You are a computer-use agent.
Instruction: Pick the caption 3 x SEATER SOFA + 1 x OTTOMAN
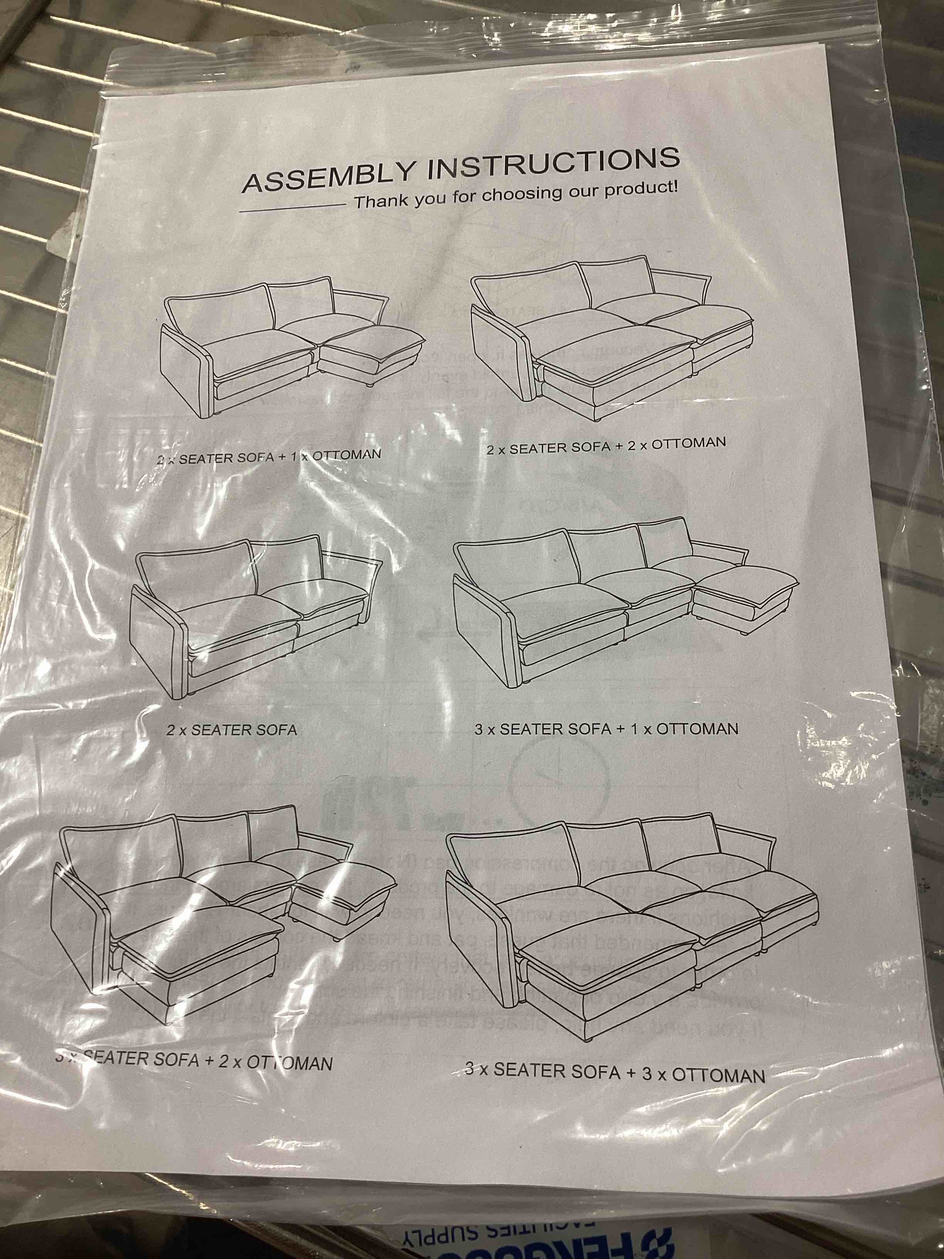[x=606, y=729]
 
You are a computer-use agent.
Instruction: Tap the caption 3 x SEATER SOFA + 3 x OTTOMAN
[x=615, y=1072]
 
